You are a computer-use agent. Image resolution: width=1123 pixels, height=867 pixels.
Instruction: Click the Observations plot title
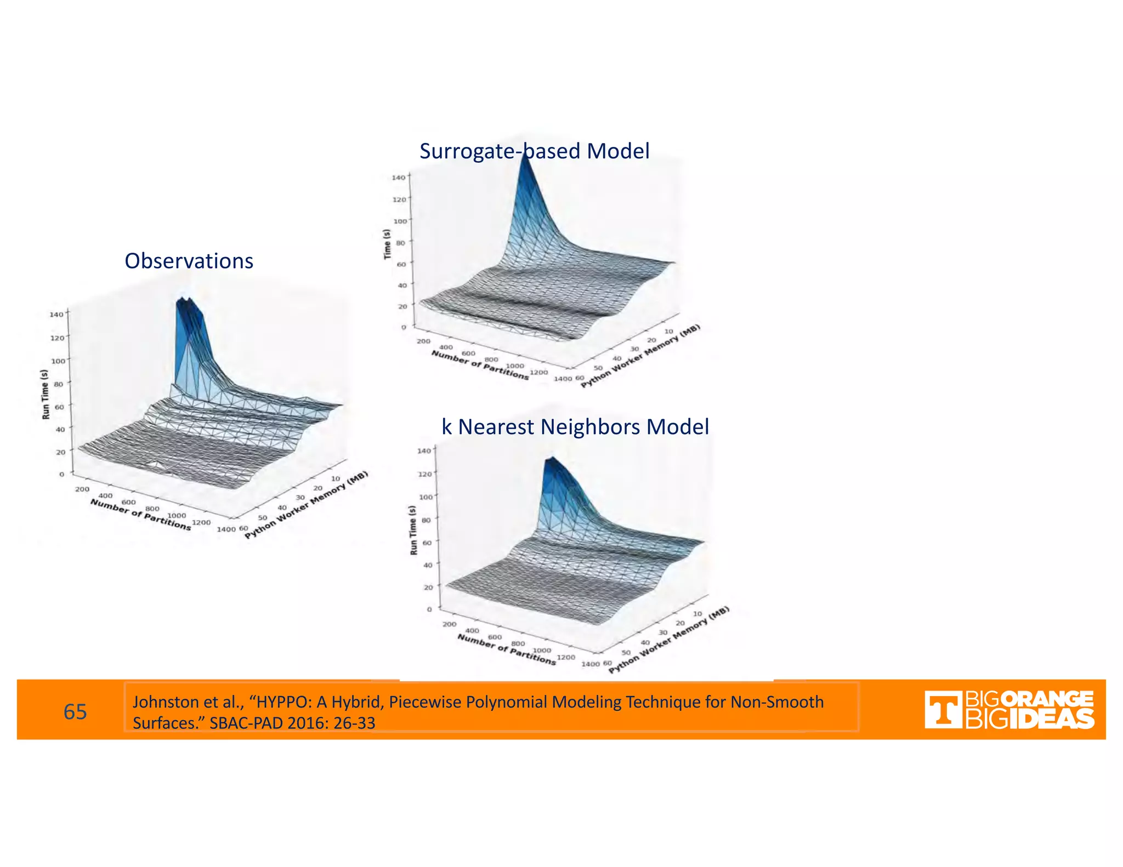189,261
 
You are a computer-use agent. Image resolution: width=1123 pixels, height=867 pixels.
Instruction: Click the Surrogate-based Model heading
534,151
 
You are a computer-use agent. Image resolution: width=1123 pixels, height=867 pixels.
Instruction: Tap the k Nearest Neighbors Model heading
575,427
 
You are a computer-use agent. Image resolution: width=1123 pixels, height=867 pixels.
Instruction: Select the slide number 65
75,711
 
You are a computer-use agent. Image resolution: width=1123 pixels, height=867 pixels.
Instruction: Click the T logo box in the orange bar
943,710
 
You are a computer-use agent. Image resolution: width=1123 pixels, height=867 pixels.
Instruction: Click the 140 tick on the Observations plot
56,315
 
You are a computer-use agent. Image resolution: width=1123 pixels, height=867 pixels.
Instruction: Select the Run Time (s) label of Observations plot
46,394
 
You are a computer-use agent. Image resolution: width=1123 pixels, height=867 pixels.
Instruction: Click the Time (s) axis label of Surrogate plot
387,244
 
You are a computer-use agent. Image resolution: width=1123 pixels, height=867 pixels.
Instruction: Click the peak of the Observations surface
183,301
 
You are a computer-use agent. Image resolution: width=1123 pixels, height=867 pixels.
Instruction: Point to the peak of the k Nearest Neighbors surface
551,459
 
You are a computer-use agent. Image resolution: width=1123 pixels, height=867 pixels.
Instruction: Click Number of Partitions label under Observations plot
141,514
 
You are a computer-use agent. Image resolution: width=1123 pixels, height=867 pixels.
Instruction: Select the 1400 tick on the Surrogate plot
563,379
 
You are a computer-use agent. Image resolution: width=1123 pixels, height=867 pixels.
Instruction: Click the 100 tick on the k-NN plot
426,497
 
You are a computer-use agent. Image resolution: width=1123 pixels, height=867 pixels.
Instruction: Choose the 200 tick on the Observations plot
82,489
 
